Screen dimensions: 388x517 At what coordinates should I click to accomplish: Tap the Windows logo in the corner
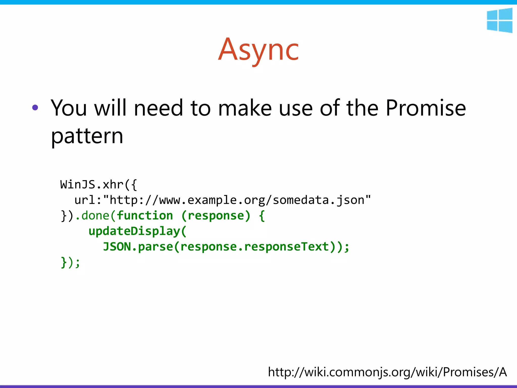(x=499, y=20)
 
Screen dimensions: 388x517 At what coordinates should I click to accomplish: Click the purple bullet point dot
(x=35, y=108)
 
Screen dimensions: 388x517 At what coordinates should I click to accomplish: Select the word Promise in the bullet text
(x=426, y=108)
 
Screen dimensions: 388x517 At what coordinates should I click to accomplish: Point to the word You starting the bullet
(x=69, y=108)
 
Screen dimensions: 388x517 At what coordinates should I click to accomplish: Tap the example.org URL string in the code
(x=237, y=200)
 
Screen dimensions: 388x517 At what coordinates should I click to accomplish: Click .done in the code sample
(x=92, y=215)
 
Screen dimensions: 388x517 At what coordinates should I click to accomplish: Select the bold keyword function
(x=145, y=215)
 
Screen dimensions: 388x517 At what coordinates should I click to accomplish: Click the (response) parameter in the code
(x=216, y=215)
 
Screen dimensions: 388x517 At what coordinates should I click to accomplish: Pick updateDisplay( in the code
(x=138, y=231)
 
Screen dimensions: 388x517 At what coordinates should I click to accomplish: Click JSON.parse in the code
(x=138, y=247)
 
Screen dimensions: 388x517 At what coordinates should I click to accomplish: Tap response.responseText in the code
(x=255, y=247)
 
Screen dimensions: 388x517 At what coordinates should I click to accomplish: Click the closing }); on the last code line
(x=70, y=262)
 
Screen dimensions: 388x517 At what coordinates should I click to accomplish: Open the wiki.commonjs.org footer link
(x=387, y=372)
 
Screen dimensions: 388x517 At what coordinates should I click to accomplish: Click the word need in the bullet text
(x=158, y=108)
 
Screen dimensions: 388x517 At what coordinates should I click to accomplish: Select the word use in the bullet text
(x=296, y=108)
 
